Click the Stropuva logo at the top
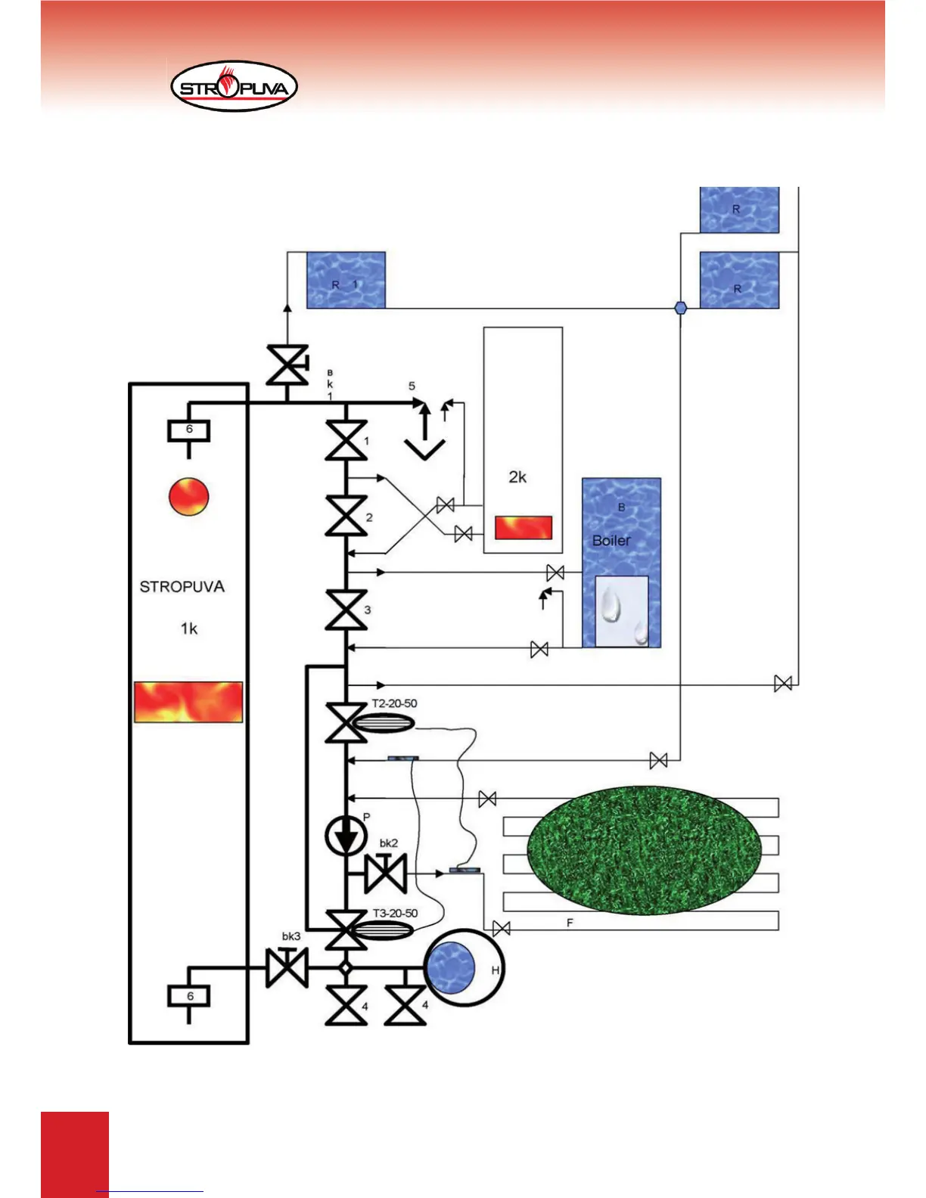[x=235, y=87]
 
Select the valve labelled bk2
[x=386, y=873]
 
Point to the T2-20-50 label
[x=394, y=703]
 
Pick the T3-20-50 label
[x=395, y=913]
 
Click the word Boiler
[x=611, y=541]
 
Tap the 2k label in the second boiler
[x=517, y=477]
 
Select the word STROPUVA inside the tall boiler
[x=182, y=587]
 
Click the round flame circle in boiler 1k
[x=188, y=497]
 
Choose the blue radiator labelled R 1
[x=346, y=281]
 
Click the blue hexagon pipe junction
[x=680, y=308]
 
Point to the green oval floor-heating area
[x=644, y=849]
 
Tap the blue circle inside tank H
[x=451, y=968]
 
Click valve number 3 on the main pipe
[x=346, y=610]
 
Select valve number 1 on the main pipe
[x=346, y=441]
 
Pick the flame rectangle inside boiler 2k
[x=524, y=527]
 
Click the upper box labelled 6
[x=189, y=430]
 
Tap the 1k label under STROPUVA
[x=189, y=628]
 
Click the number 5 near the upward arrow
[x=412, y=386]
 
